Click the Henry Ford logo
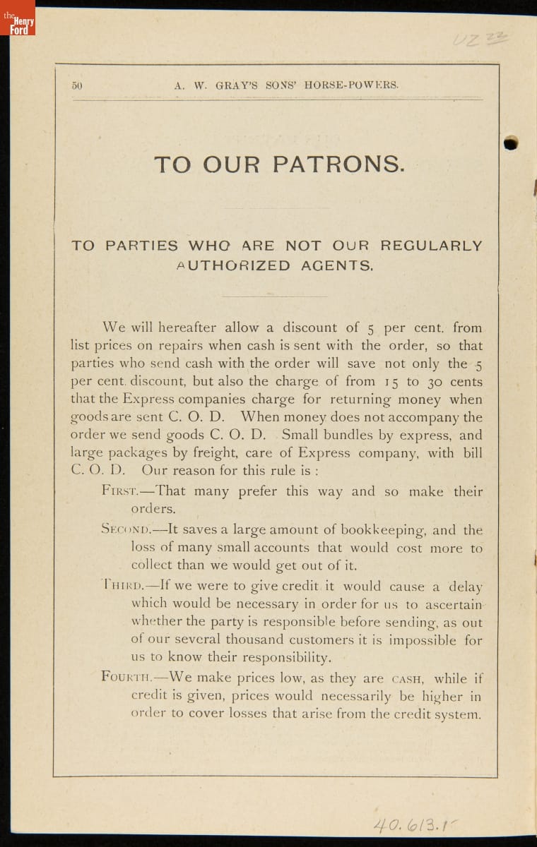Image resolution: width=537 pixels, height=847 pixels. click(18, 19)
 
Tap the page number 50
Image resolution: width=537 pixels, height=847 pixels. click(77, 85)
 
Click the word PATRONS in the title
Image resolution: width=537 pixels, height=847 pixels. click(339, 164)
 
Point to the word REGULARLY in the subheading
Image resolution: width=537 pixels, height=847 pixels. click(431, 246)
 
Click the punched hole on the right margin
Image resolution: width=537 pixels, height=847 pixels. click(511, 143)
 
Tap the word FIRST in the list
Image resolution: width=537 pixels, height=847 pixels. click(118, 492)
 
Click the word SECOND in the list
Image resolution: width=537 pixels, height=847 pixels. click(126, 530)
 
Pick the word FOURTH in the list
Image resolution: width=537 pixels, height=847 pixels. click(126, 677)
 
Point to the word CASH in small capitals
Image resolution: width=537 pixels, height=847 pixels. click(408, 679)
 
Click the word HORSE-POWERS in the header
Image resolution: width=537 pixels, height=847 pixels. click(352, 85)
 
